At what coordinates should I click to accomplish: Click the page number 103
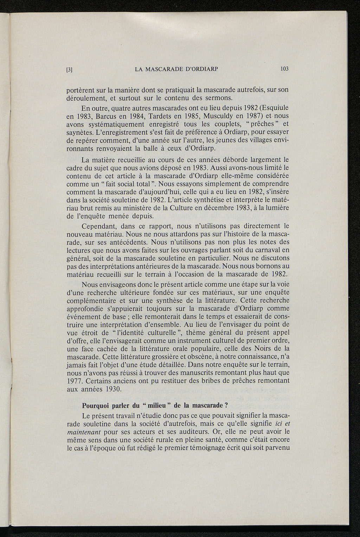pyautogui.click(x=284, y=69)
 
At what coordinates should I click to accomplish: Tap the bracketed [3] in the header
pyautogui.click(x=69, y=69)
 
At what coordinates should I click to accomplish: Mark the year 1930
pyautogui.click(x=112, y=389)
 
